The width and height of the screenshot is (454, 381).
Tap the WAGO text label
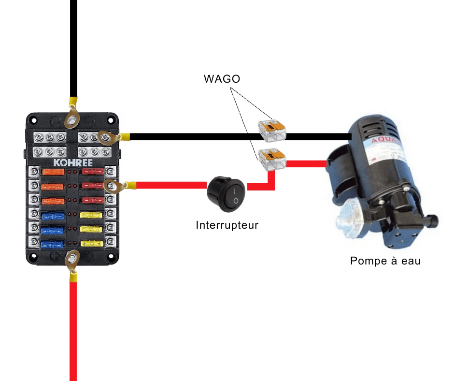(x=222, y=79)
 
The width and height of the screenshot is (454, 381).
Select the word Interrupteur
(x=227, y=225)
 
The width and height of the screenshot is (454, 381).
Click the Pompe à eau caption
(x=385, y=261)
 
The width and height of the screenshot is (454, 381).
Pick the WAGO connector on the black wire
(x=272, y=129)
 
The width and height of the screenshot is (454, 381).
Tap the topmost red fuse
(x=92, y=172)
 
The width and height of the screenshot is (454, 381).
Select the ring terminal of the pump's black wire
(x=108, y=137)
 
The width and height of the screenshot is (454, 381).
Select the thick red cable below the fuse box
(x=73, y=329)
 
